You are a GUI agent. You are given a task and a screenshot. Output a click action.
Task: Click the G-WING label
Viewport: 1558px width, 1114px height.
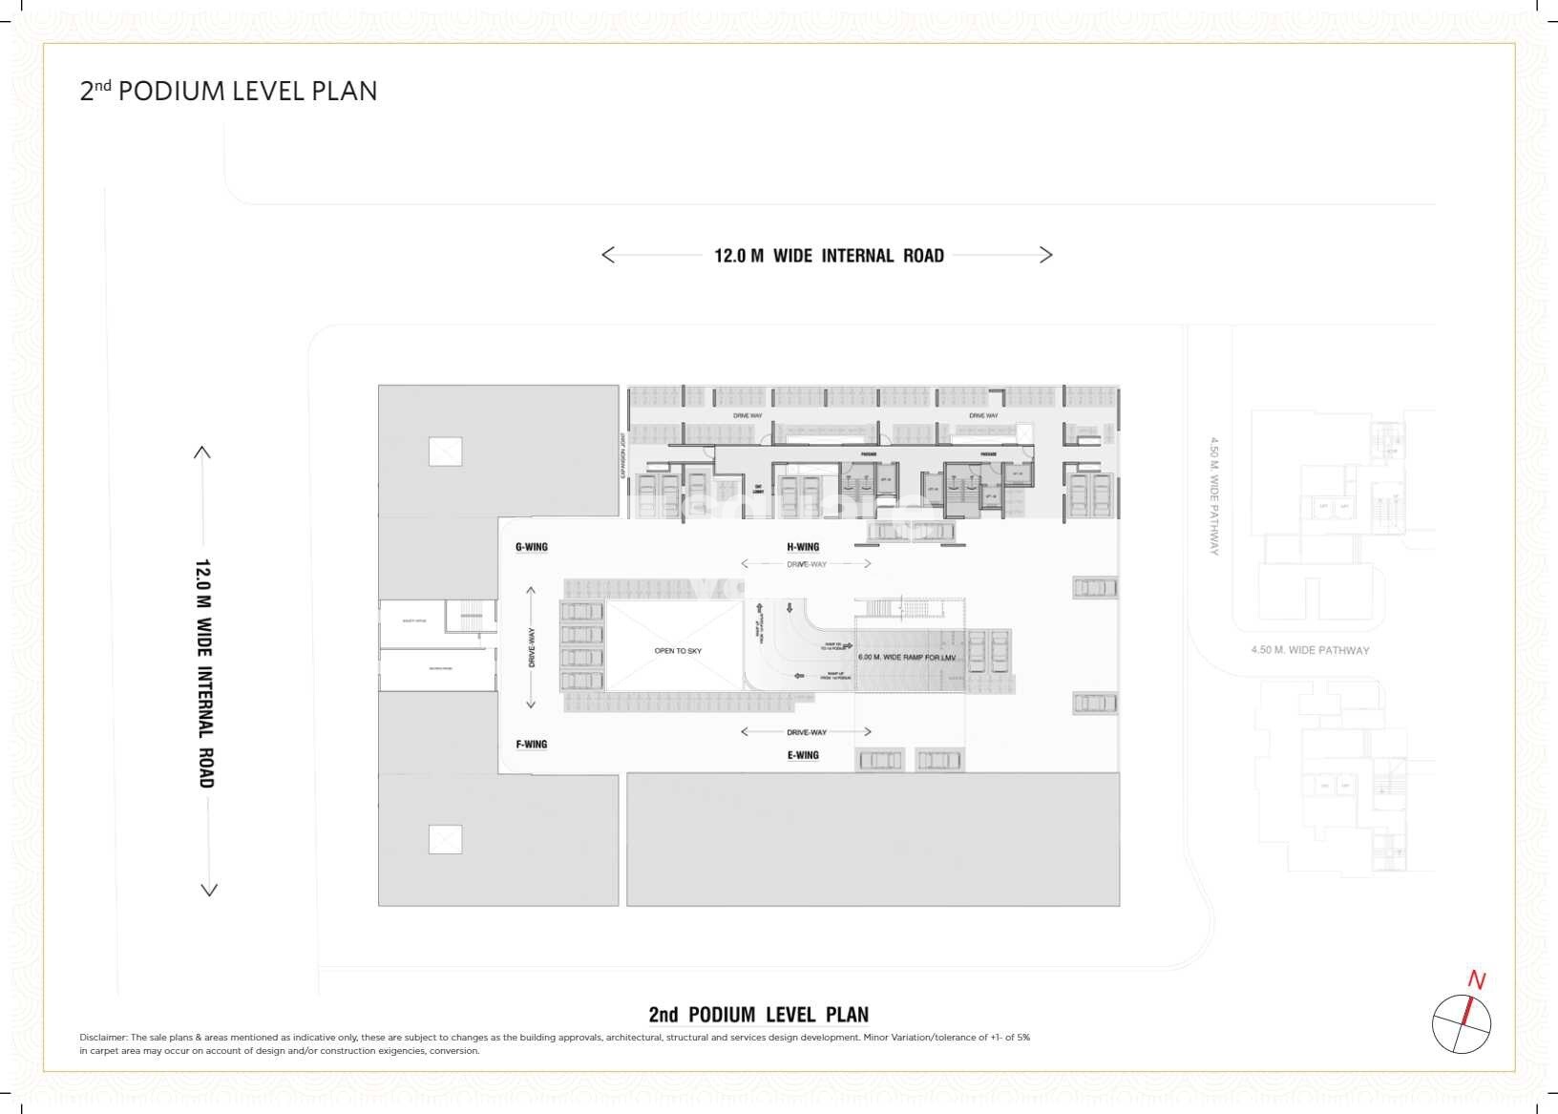pyautogui.click(x=531, y=547)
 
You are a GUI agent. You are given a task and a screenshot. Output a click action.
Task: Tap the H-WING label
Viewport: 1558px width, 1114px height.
pyautogui.click(x=803, y=547)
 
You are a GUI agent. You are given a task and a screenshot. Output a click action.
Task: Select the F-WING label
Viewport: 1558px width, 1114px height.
pyautogui.click(x=531, y=745)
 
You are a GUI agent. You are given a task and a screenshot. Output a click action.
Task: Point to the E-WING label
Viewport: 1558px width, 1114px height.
pyautogui.click(x=803, y=755)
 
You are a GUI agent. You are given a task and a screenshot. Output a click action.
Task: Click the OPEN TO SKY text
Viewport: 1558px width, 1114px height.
pyautogui.click(x=678, y=651)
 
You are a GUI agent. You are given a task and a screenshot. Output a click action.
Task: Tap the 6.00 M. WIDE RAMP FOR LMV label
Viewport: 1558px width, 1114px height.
pyautogui.click(x=907, y=658)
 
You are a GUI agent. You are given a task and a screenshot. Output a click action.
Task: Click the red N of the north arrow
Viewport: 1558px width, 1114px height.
pyautogui.click(x=1477, y=980)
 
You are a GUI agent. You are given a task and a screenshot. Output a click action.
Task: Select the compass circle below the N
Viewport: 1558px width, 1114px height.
pyautogui.click(x=1461, y=1024)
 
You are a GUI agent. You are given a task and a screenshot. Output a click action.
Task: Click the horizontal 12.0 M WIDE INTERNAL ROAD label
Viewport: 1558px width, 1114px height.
pyautogui.click(x=829, y=256)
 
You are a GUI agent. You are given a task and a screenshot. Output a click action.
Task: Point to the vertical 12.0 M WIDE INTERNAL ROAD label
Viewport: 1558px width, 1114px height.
pyautogui.click(x=204, y=673)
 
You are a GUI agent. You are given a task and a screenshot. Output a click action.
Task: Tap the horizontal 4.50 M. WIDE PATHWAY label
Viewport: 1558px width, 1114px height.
pyautogui.click(x=1310, y=651)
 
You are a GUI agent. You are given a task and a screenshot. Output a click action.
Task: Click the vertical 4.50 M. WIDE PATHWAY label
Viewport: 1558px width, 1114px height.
pyautogui.click(x=1214, y=496)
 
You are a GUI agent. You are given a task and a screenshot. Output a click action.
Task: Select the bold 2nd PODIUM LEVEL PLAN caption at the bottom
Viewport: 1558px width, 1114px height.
pyautogui.click(x=759, y=1015)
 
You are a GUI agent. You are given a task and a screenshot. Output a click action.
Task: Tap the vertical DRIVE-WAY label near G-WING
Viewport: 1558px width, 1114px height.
pyautogui.click(x=532, y=647)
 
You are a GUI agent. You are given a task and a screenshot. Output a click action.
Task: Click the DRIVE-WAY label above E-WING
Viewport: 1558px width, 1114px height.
pyautogui.click(x=807, y=732)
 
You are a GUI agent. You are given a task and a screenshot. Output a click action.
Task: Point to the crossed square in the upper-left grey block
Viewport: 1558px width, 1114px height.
pyautogui.click(x=445, y=452)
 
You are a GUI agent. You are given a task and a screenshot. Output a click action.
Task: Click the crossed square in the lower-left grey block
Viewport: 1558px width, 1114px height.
pyautogui.click(x=445, y=839)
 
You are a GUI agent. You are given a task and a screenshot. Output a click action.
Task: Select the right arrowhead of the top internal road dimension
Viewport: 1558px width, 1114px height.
pyautogui.click(x=1046, y=255)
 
